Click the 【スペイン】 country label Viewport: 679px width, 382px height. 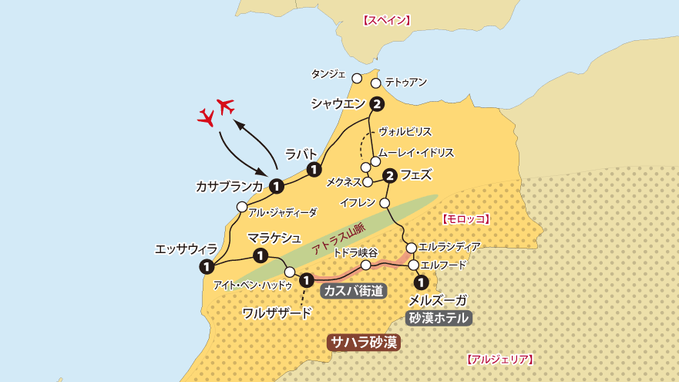386,21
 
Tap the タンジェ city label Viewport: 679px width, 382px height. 328,74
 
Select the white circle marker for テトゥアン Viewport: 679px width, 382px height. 376,83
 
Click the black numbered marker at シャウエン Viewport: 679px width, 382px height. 377,104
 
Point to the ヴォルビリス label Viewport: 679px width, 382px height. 405,132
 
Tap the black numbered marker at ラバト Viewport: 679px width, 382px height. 314,170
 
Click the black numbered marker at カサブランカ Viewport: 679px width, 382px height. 276,186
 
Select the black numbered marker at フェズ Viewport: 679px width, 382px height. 390,176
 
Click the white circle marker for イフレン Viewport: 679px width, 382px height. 385,204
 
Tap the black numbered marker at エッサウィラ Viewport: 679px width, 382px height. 206,267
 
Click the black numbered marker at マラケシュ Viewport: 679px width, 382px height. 261,255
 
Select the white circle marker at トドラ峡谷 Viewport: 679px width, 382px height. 366,265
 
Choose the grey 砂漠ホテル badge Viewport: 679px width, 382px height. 439,318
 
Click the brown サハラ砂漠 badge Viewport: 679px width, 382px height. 364,342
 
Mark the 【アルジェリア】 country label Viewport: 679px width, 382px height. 500,360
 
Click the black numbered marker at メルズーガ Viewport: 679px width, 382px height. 421,282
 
